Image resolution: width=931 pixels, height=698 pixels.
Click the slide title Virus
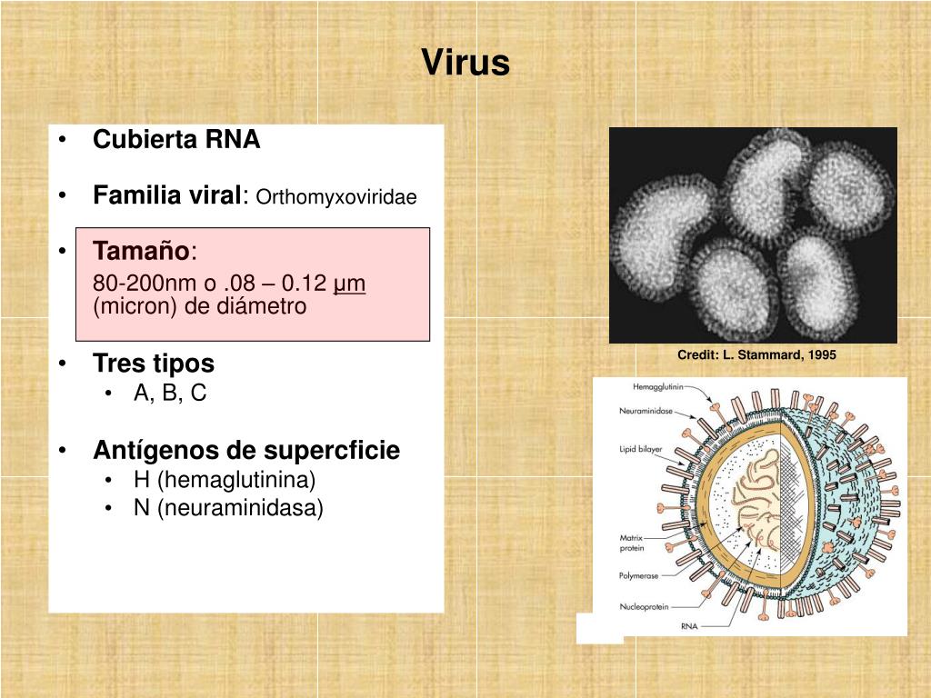tap(465, 63)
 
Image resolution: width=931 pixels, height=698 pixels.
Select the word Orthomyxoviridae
tap(336, 197)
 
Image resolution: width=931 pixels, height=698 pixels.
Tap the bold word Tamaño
tap(142, 251)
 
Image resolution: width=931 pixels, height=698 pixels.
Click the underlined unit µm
tap(350, 284)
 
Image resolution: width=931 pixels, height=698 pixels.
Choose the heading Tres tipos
tap(154, 364)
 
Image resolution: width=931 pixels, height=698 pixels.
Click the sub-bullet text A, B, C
tap(170, 394)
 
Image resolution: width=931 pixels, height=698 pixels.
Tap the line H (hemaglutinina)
tap(225, 480)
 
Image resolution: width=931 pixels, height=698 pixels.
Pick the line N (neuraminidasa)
tap(228, 508)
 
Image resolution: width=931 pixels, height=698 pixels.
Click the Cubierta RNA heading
tap(176, 140)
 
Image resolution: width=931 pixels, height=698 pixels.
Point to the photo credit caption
tap(756, 354)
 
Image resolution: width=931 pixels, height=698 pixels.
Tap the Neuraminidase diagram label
tap(646, 411)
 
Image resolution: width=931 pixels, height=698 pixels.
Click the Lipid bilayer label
tap(640, 449)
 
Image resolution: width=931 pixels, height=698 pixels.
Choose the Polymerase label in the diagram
tap(639, 575)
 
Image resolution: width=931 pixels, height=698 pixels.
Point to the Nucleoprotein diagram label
tap(645, 606)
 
